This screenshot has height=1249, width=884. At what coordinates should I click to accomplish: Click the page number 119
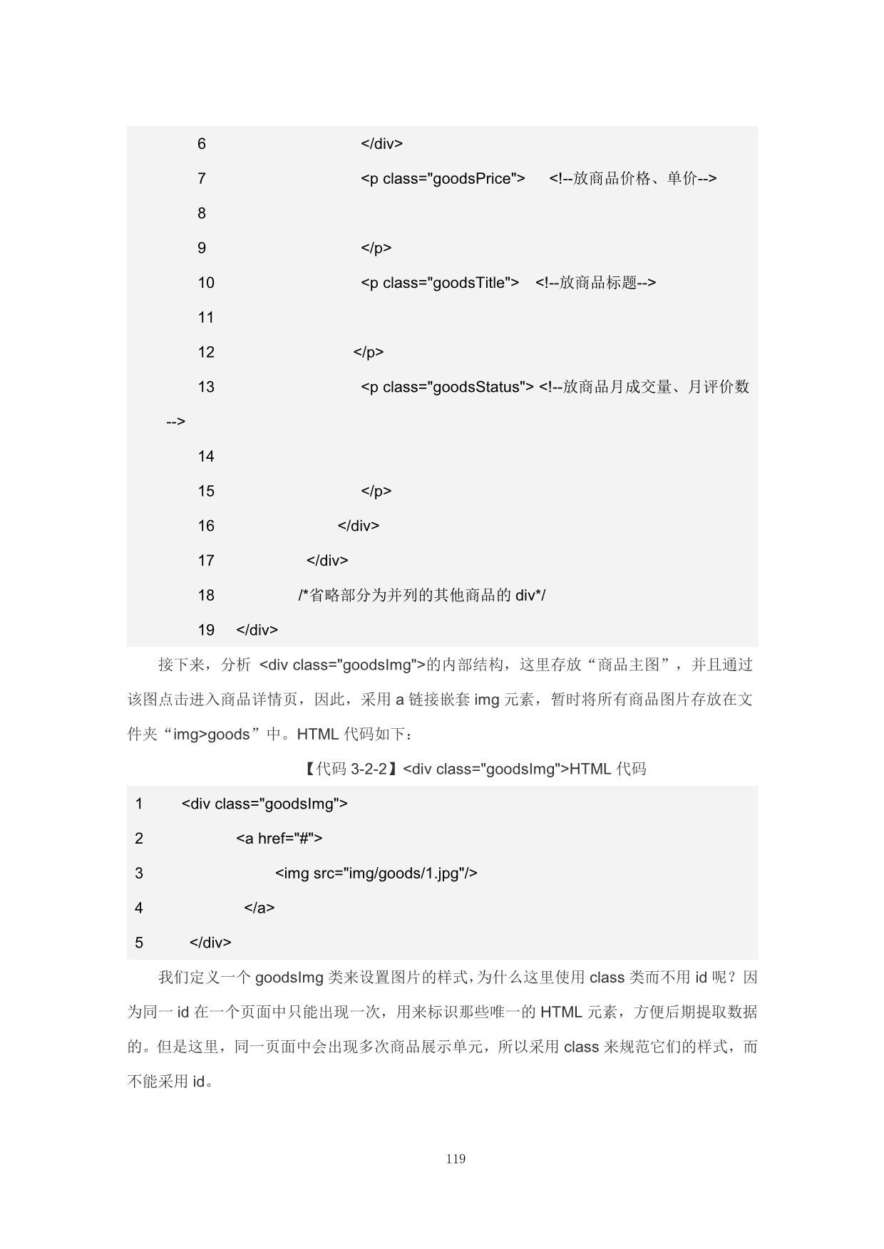(x=456, y=1159)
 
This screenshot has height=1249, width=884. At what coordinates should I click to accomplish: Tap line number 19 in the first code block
(x=206, y=630)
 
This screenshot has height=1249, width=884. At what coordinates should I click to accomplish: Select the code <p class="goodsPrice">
(x=443, y=179)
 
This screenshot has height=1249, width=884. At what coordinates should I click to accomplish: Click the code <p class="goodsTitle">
(x=440, y=283)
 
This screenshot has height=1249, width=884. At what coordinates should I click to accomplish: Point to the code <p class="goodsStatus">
(x=447, y=387)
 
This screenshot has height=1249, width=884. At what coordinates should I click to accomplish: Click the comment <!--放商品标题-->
(x=595, y=283)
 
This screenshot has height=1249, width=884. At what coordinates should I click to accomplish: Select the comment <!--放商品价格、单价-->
(x=632, y=179)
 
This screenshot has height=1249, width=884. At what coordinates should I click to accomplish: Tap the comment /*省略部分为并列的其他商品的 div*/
(x=421, y=595)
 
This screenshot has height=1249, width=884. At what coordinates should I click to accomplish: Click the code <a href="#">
(x=279, y=839)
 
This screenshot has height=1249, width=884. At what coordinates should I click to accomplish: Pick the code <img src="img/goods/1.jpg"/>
(x=376, y=874)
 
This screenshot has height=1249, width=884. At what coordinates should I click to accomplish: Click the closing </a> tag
(x=259, y=908)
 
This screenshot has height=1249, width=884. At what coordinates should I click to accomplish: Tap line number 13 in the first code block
(x=206, y=387)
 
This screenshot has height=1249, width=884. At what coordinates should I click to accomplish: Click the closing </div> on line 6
(x=381, y=144)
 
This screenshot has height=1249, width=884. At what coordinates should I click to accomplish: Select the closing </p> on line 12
(x=369, y=352)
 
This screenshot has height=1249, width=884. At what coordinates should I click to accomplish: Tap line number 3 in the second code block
(x=139, y=874)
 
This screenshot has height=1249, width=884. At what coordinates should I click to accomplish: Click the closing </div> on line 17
(x=327, y=561)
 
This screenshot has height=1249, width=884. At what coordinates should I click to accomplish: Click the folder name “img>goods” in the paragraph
(x=212, y=735)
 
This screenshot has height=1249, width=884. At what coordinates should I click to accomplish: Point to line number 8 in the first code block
(x=202, y=213)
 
